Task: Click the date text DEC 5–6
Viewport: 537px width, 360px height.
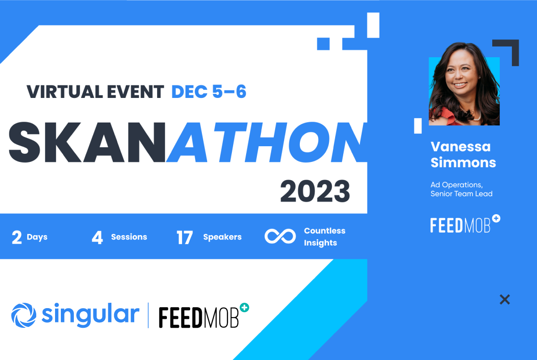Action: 209,92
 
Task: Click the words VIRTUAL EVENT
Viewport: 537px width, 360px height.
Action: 95,92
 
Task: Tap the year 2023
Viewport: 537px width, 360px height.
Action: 315,191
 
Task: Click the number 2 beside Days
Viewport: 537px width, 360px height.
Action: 17,237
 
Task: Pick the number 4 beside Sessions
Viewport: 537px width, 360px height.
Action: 97,237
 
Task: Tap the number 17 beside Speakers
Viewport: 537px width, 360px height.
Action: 184,237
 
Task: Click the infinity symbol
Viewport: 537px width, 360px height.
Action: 280,237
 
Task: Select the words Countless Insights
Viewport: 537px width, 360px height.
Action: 324,237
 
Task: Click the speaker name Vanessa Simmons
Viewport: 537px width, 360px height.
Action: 463,154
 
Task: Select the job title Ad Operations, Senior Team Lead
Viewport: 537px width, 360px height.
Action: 461,189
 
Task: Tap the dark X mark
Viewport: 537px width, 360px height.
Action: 505,300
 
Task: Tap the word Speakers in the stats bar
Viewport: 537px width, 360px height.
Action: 222,237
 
